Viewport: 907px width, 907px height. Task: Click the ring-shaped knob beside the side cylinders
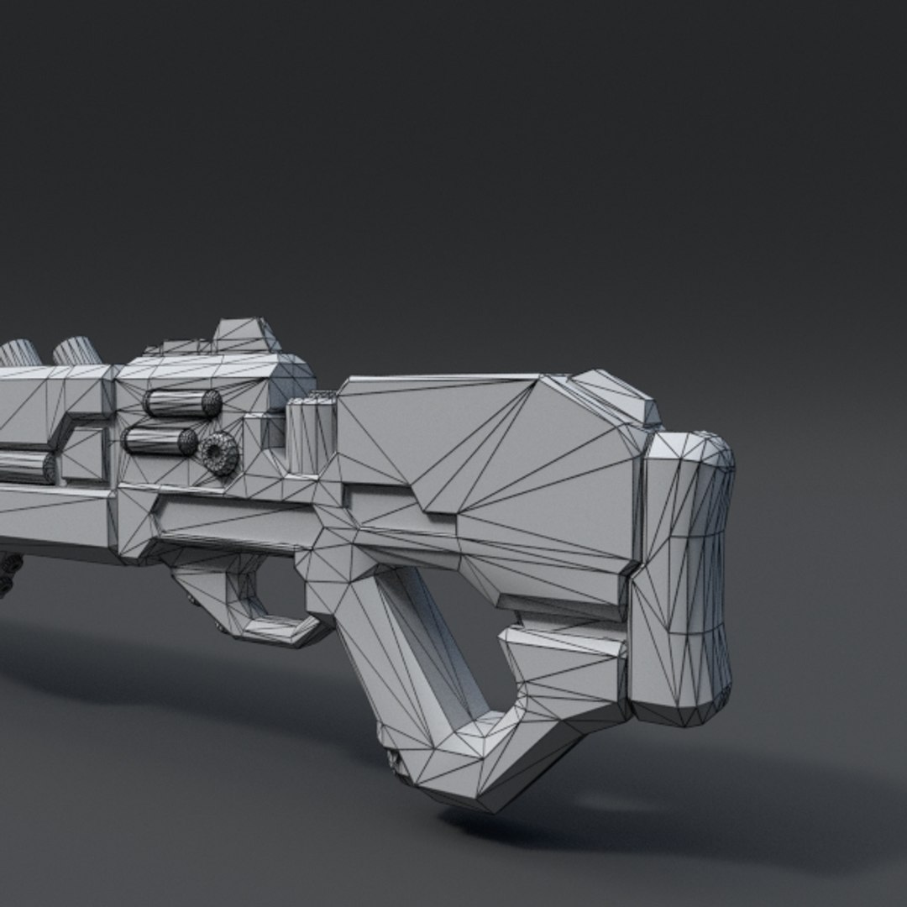point(220,453)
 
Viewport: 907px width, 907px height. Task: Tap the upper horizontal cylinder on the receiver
point(181,403)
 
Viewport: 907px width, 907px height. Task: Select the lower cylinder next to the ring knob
point(160,441)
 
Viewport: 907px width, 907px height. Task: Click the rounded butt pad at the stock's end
point(684,579)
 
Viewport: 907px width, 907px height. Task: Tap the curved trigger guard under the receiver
point(252,600)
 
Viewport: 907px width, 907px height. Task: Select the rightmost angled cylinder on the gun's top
point(77,350)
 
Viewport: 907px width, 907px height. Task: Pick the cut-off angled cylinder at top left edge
point(18,353)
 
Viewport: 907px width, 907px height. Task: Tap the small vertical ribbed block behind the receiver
point(311,437)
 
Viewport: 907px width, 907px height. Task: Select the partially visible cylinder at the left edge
point(25,467)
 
